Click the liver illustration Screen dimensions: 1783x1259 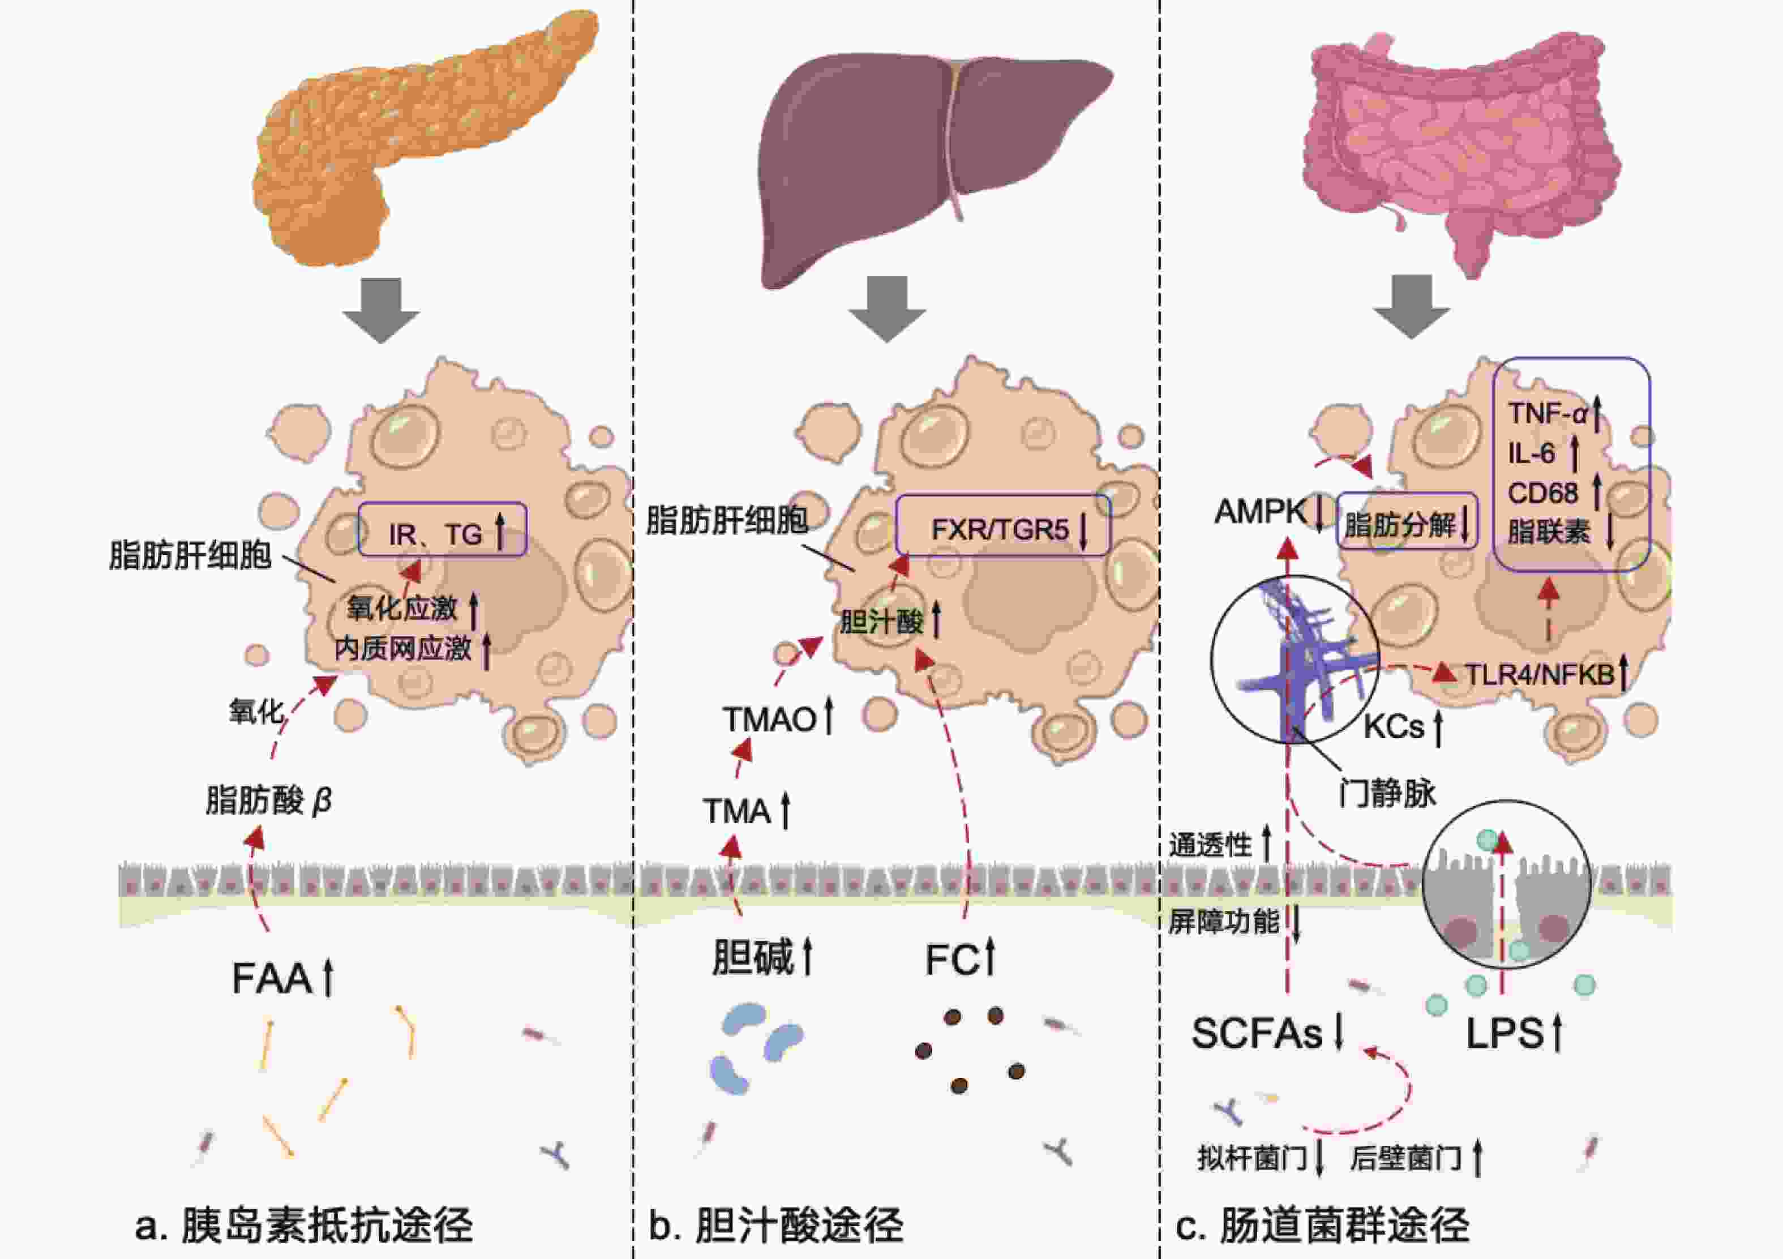936,167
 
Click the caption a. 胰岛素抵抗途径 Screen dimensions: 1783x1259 303,1225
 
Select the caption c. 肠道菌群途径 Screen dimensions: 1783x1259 1322,1225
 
